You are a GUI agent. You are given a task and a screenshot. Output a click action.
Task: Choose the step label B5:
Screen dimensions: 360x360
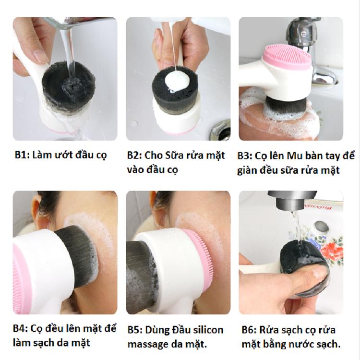click(x=136, y=330)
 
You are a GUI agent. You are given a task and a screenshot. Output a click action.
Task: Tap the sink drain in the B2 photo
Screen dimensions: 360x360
click(x=220, y=129)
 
